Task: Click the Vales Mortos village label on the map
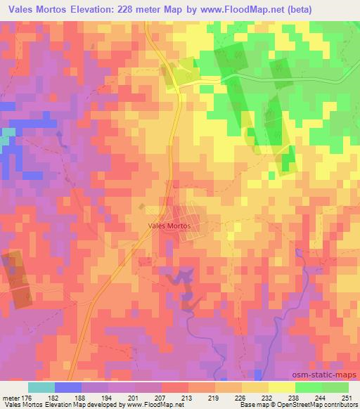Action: (170, 226)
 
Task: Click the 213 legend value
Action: (188, 397)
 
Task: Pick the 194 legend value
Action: (108, 397)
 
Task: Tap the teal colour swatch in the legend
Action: (41, 387)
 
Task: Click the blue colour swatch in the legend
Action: (68, 387)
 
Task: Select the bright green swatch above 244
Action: (308, 387)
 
